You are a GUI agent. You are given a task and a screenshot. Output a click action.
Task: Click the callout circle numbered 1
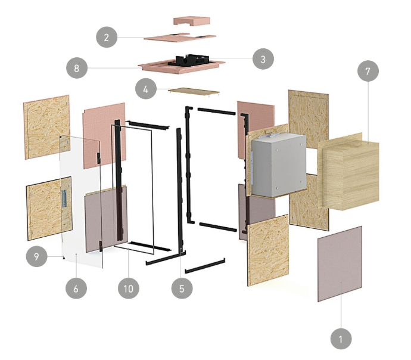pos(341,339)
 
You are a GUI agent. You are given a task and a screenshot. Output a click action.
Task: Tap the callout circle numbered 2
pos(107,37)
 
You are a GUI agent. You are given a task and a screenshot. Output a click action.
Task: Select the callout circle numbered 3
pos(263,59)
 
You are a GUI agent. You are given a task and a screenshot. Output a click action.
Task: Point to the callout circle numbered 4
pos(146,89)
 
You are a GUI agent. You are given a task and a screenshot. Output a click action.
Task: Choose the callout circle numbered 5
pos(182,288)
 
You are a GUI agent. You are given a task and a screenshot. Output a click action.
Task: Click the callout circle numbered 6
pos(76,288)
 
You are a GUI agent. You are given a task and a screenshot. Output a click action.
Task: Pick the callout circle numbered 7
pos(368,71)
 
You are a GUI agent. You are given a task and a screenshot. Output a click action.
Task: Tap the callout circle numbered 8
pos(76,68)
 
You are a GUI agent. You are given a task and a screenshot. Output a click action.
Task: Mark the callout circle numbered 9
pos(36,256)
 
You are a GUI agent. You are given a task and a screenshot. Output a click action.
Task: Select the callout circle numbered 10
pos(129,288)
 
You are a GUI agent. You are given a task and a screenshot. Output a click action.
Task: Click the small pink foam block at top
pos(192,21)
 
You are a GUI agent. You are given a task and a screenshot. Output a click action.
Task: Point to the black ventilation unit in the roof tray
pos(189,60)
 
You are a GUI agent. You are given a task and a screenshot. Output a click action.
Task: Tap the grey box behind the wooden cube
pos(279,165)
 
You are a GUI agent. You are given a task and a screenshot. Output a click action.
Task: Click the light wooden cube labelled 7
pos(348,172)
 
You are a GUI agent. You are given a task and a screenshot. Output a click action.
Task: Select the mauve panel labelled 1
pos(340,264)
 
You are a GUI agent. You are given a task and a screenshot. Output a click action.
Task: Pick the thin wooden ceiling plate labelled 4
pos(194,92)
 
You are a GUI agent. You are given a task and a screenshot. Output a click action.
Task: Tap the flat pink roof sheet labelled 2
pos(180,37)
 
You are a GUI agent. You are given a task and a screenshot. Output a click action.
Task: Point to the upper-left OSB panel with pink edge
pos(47,127)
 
